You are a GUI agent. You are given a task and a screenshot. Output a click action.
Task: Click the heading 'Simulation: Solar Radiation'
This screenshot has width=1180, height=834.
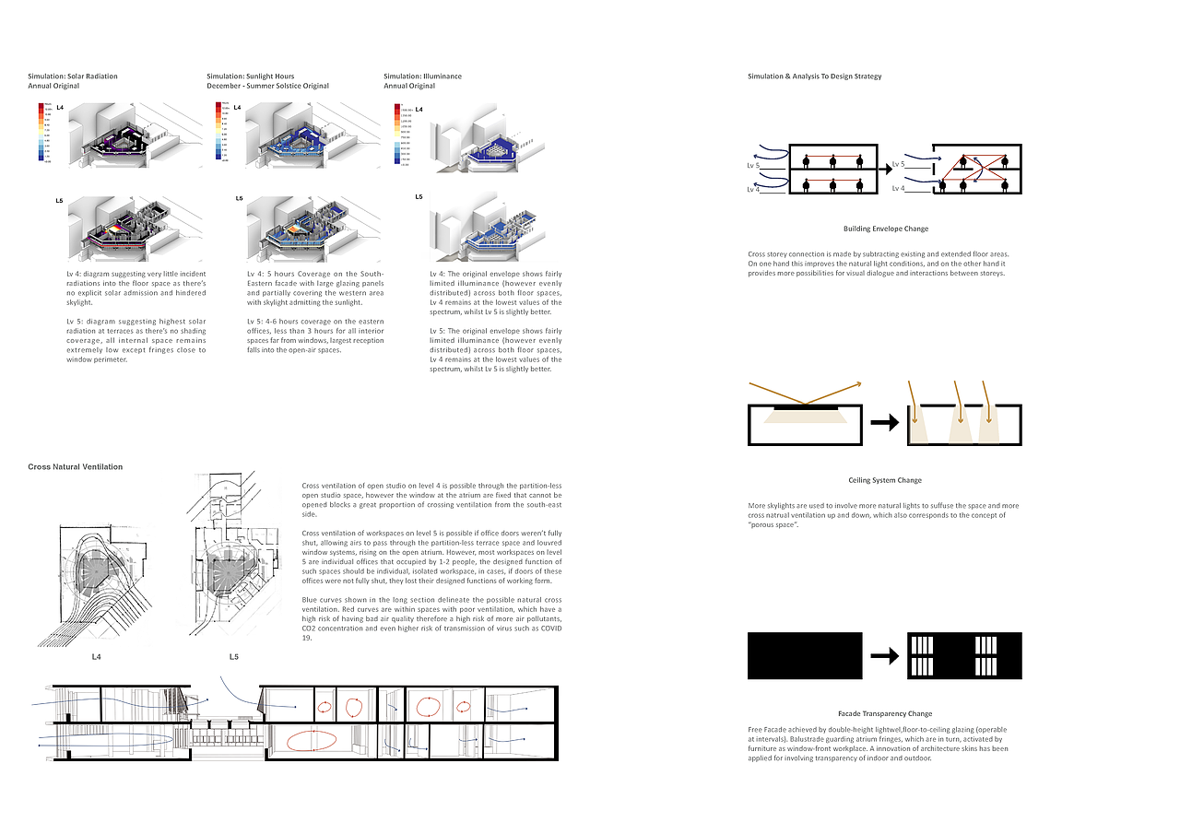click(73, 76)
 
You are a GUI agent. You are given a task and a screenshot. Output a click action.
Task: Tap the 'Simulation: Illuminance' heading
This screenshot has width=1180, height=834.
click(423, 76)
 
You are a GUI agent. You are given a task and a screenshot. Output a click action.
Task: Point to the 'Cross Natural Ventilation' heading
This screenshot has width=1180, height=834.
click(75, 467)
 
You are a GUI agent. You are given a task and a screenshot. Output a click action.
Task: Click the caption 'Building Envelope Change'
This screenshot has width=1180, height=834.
click(885, 229)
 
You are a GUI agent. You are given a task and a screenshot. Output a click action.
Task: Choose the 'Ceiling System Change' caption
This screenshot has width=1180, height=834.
click(885, 480)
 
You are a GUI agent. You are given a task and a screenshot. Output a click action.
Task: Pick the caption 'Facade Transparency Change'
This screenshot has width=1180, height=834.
click(885, 713)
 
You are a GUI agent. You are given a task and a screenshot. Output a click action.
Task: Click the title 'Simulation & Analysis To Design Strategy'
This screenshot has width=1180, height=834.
click(814, 76)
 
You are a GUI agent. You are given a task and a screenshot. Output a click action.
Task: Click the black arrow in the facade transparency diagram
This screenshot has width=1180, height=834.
click(885, 656)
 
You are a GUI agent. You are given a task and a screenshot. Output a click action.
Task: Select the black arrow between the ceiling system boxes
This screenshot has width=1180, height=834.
click(885, 424)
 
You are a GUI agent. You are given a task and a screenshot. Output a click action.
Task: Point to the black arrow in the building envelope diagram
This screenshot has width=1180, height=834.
click(889, 167)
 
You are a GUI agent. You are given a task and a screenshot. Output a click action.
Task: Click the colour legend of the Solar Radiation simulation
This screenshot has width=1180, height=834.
click(41, 134)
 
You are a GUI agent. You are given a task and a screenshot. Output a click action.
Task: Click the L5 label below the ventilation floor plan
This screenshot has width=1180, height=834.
click(234, 657)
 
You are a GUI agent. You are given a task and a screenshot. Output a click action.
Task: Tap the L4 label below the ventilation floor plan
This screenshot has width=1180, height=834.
click(96, 657)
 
